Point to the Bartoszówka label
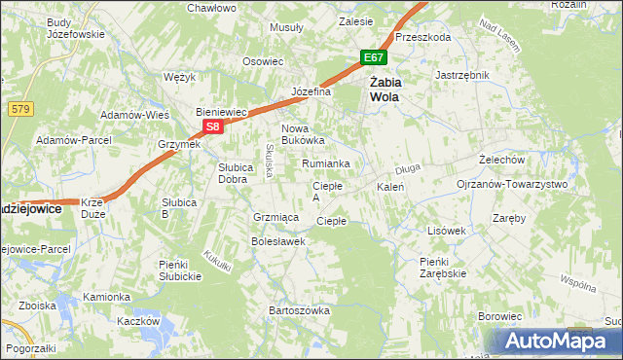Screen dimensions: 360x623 pyautogui.click(x=300, y=310)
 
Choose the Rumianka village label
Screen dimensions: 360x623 pyautogui.click(x=325, y=163)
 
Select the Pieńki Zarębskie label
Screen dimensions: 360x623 pyautogui.click(x=443, y=267)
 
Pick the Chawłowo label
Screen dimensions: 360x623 pyautogui.click(x=211, y=8)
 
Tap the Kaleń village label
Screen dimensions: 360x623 pyautogui.click(x=390, y=186)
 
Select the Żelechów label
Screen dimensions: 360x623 pyautogui.click(x=502, y=159)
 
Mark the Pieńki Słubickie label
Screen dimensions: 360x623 pyautogui.click(x=180, y=270)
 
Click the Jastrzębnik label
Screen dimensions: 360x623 pyautogui.click(x=462, y=74)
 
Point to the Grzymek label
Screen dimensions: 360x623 pyautogui.click(x=179, y=144)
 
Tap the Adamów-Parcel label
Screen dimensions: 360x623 pyautogui.click(x=69, y=140)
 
